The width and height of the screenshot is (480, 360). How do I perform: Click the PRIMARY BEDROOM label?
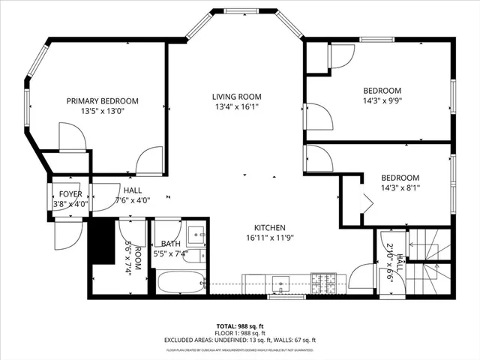tap(102, 101)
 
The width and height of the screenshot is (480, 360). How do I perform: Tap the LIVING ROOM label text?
tap(235, 96)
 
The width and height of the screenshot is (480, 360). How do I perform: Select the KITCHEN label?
tap(269, 228)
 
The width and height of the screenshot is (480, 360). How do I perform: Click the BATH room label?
tap(172, 244)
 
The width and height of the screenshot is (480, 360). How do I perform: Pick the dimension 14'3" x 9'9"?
tap(382, 100)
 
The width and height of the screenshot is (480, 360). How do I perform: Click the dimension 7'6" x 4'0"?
tap(133, 201)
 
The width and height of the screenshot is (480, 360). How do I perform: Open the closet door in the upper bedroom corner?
tap(342, 56)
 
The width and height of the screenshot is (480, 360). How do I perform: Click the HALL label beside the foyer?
tap(133, 190)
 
